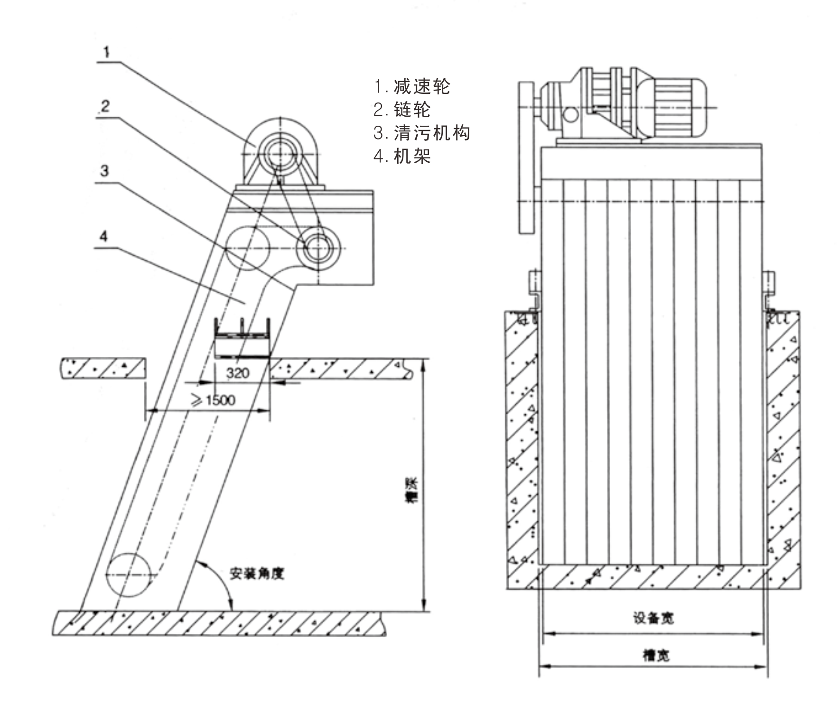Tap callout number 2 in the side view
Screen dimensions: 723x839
[105, 106]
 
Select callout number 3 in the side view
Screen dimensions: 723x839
[105, 171]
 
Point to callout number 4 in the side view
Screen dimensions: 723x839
[104, 236]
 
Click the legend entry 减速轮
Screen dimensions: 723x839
[412, 87]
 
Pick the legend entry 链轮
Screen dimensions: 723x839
[402, 110]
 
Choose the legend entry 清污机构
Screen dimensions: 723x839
[422, 133]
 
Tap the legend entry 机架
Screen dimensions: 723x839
[402, 156]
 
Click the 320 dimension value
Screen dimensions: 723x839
[237, 373]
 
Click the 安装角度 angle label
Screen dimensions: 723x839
[257, 574]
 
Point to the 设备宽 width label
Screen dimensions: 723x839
[653, 618]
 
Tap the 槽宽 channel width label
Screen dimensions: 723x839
[656, 656]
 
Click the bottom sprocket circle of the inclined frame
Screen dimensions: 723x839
[129, 575]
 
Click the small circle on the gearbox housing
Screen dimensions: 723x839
[570, 114]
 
